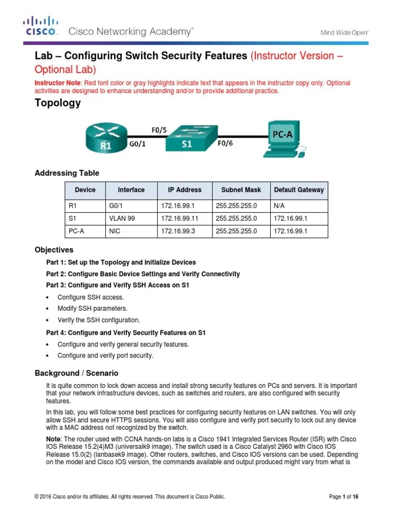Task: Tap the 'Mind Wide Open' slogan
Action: (344, 32)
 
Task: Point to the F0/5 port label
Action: (159, 129)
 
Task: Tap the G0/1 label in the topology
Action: (137, 144)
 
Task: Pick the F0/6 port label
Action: (225, 144)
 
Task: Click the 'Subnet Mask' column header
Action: (240, 190)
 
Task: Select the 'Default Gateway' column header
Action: (299, 190)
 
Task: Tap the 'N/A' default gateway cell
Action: (280, 206)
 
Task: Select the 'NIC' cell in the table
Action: (114, 231)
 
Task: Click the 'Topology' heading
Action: (57, 103)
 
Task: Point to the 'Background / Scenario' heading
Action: (76, 373)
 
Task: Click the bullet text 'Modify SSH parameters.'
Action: (92, 309)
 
